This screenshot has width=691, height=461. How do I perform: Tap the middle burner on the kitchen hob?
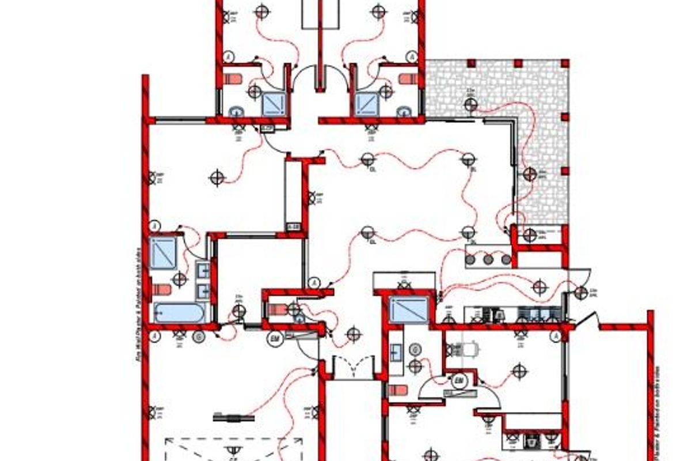click(x=488, y=260)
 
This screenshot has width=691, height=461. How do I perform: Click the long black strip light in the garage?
click(x=233, y=417)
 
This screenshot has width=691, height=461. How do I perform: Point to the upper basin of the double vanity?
click(x=203, y=270)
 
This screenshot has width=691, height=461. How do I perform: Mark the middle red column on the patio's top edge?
click(x=518, y=62)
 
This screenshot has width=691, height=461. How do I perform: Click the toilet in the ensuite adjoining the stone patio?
click(x=407, y=78)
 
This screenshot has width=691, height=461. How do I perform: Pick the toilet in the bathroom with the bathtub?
click(x=162, y=288)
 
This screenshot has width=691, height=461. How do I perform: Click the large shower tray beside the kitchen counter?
click(x=409, y=311)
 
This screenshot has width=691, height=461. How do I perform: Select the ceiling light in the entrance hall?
click(x=354, y=334)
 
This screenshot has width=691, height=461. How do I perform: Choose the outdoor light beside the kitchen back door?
click(x=580, y=293)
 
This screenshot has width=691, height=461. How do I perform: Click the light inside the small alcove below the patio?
click(x=529, y=234)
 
